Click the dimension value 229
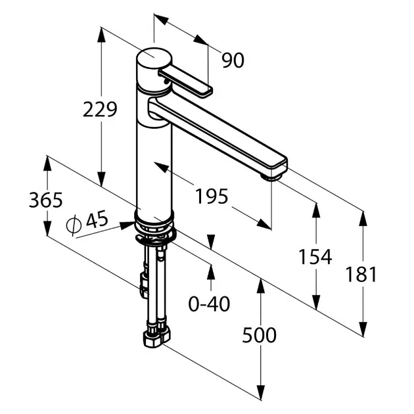[100, 109]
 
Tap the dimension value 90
[233, 60]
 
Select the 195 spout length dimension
[211, 196]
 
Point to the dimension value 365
[46, 200]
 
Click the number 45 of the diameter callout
[97, 219]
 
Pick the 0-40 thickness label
[209, 304]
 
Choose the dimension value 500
[260, 335]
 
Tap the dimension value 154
[315, 257]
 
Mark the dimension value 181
[361, 274]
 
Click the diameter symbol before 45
[73, 225]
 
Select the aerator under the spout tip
[272, 177]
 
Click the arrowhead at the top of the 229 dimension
[101, 34]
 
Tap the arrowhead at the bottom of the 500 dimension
[261, 393]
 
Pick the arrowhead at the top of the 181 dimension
[363, 219]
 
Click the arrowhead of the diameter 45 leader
[127, 225]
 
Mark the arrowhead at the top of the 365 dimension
[47, 164]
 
